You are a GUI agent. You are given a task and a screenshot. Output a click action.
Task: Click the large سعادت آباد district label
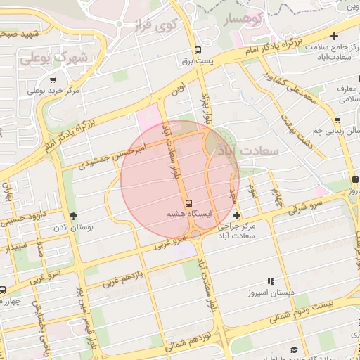tap(248, 150)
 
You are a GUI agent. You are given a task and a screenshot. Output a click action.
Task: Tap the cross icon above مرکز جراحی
tap(236, 214)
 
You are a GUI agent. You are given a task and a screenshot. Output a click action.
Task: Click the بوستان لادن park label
tap(72, 228)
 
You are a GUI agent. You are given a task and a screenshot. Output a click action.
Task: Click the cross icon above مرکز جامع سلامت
tap(333, 36)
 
